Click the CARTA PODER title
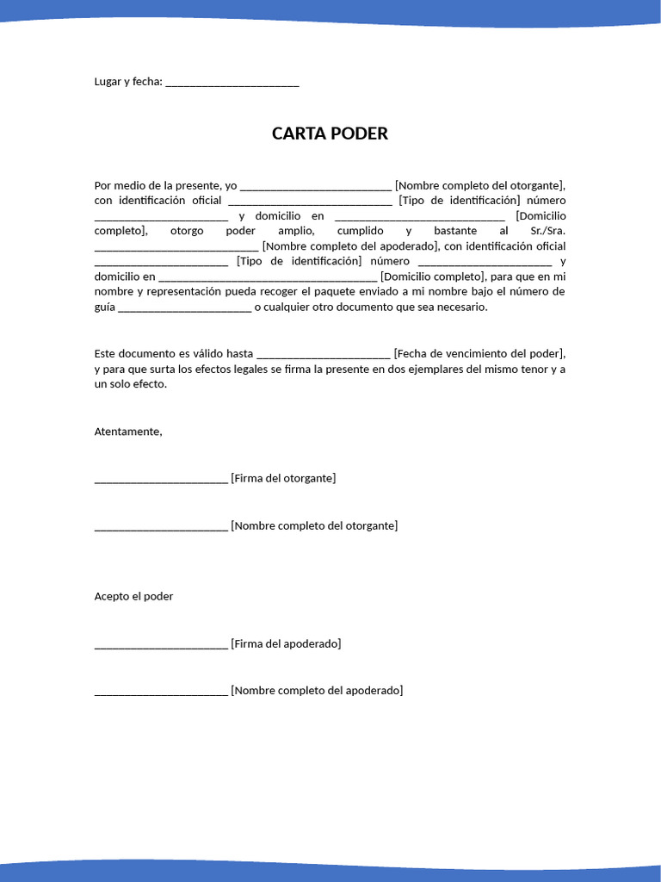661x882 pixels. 330,134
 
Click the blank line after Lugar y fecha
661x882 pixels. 232,83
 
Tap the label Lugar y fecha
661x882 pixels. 127,82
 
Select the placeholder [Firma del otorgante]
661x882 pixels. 283,478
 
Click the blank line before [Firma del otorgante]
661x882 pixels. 161,479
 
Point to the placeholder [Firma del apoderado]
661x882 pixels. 286,643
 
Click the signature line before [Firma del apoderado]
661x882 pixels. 161,644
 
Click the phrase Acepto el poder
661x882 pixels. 133,596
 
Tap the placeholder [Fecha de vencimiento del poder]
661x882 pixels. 479,353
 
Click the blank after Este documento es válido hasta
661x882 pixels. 323,354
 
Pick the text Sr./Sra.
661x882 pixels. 548,231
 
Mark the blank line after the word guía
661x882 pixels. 184,307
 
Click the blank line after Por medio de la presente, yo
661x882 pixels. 316,186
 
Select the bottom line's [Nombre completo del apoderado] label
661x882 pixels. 317,690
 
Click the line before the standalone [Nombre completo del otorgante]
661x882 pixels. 161,526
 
